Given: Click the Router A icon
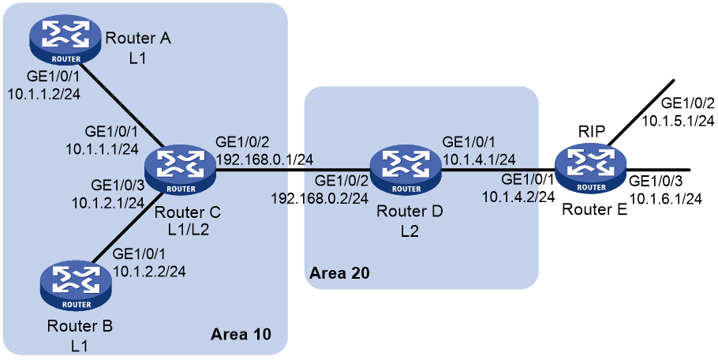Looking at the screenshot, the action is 65,42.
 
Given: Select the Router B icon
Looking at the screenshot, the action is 75,287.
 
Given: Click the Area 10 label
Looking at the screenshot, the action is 241,335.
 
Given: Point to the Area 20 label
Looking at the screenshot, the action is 339,273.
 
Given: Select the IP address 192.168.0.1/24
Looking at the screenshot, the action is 264,160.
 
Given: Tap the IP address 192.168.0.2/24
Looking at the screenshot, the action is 320,198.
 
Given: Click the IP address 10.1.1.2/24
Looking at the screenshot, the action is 44,94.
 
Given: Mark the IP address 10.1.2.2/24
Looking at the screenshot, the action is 149,271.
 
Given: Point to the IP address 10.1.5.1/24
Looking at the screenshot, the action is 678,121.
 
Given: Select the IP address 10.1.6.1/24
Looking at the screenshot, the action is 666,199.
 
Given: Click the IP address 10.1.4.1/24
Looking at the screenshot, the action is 478,159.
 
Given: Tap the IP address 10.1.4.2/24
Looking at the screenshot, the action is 518,197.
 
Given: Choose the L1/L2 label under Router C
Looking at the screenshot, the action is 188,229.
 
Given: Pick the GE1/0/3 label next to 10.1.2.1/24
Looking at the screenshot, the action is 118,185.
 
